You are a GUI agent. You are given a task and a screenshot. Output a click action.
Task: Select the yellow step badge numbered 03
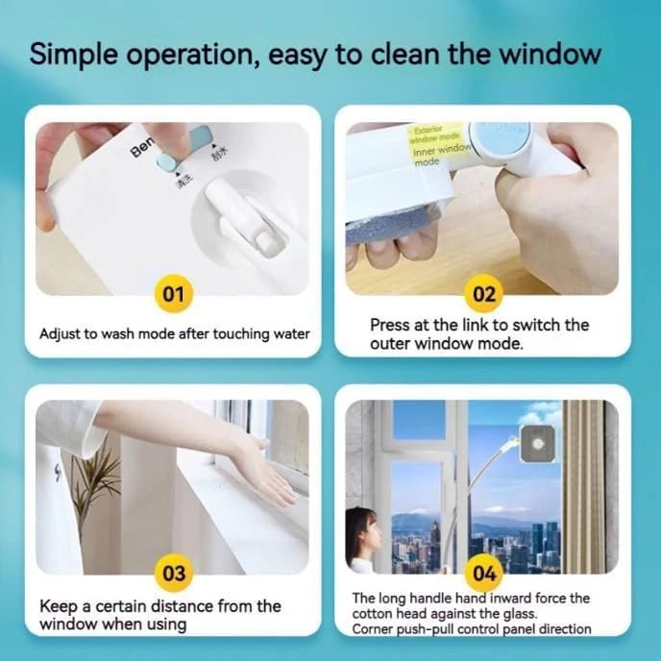click(173, 574)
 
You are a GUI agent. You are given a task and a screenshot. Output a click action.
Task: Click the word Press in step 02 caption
click(391, 325)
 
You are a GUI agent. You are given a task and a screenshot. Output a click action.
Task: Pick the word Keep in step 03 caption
click(58, 606)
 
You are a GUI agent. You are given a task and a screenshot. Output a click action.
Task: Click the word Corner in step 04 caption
click(376, 629)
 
